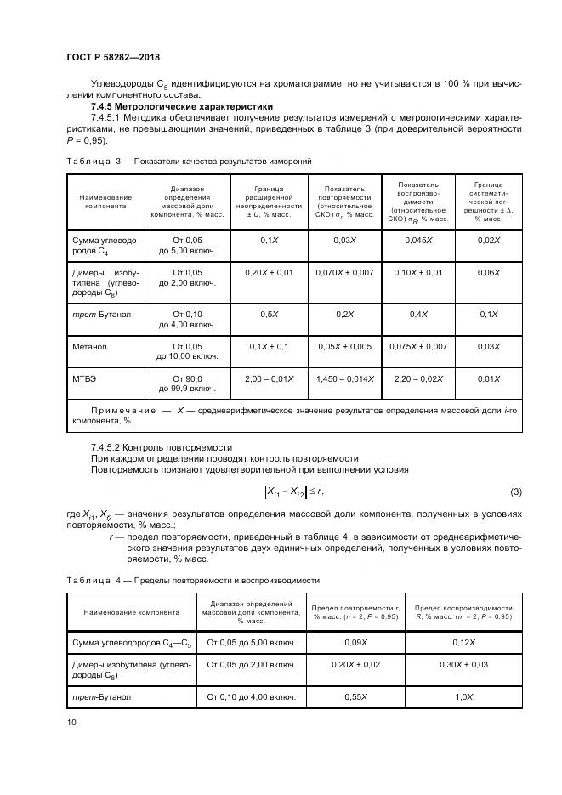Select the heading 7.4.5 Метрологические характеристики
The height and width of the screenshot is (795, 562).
click(167, 106)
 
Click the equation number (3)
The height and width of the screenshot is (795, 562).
click(514, 491)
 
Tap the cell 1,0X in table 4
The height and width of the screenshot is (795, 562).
click(463, 696)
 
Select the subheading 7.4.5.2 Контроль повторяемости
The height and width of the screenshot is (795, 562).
click(162, 446)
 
